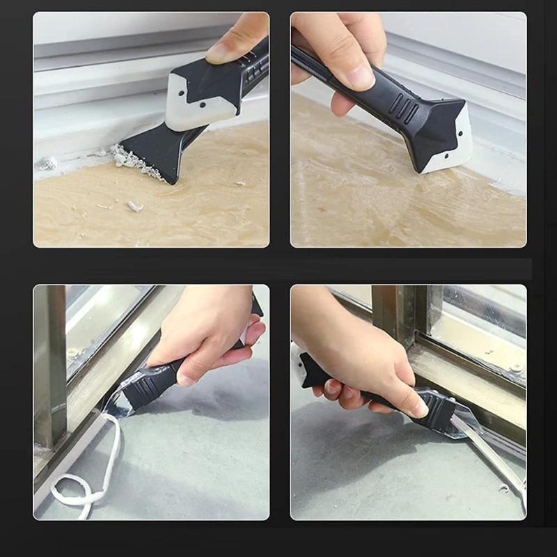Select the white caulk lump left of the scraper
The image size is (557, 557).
[x=48, y=164]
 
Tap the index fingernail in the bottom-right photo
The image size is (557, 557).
[x=417, y=411]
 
